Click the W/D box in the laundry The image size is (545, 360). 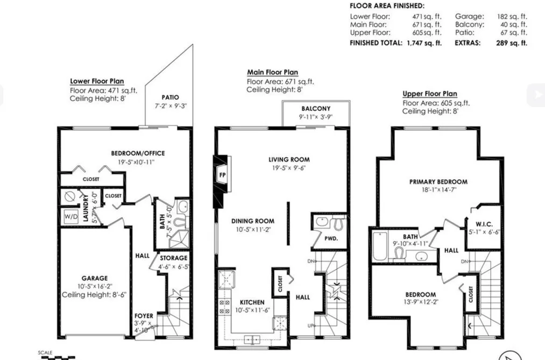71,216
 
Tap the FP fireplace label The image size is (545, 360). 222,175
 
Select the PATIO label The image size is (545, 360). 171,97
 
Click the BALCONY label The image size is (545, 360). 316,108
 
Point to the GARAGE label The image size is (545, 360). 95,278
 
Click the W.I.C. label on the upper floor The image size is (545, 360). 484,224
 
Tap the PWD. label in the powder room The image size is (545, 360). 331,239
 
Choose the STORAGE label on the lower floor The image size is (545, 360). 173,258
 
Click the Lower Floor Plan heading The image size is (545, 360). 97,81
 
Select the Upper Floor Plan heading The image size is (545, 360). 430,94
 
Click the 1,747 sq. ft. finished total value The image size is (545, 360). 424,43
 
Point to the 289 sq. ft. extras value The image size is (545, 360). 512,43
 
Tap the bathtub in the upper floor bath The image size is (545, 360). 379,246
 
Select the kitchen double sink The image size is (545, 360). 252,339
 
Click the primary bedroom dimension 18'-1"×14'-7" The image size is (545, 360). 439,190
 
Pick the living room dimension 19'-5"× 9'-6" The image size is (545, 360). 289,168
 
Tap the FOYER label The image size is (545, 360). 144,316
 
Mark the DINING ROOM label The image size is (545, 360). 253,221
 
